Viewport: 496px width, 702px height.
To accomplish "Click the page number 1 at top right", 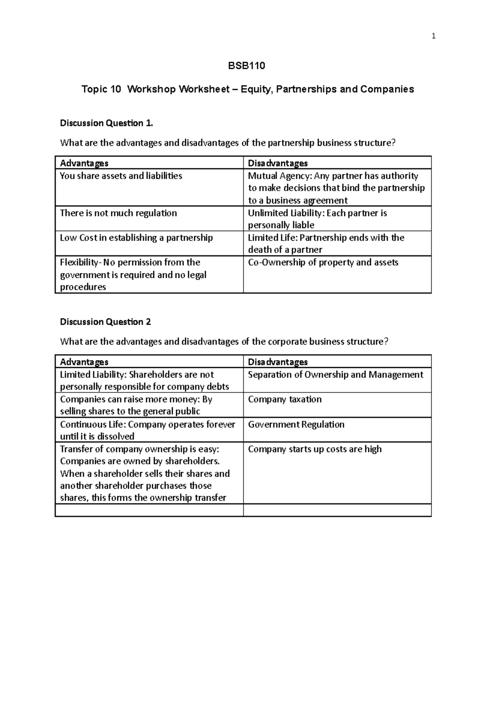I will click(433, 36).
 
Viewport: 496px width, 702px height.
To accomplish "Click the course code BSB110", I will click(247, 66).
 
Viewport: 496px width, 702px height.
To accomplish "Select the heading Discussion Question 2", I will click(105, 322).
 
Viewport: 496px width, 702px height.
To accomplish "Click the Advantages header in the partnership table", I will click(84, 163).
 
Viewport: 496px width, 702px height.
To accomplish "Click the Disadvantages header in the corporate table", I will click(278, 362).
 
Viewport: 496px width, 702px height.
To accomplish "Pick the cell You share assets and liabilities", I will click(121, 176).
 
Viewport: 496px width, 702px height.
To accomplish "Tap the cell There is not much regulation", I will click(118, 213).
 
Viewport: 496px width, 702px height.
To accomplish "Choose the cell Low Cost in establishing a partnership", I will click(136, 238).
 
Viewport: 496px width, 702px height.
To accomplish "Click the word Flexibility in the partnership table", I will click(79, 263).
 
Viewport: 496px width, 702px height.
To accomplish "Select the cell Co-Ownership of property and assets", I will click(323, 263).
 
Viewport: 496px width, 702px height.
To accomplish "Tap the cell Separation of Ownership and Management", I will click(335, 375).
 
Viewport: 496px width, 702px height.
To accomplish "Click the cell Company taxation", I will click(284, 399).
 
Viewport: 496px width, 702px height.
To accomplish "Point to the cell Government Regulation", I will click(296, 425).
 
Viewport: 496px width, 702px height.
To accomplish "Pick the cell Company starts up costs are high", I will click(315, 449).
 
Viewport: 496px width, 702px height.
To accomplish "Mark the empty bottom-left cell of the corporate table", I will click(149, 510).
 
